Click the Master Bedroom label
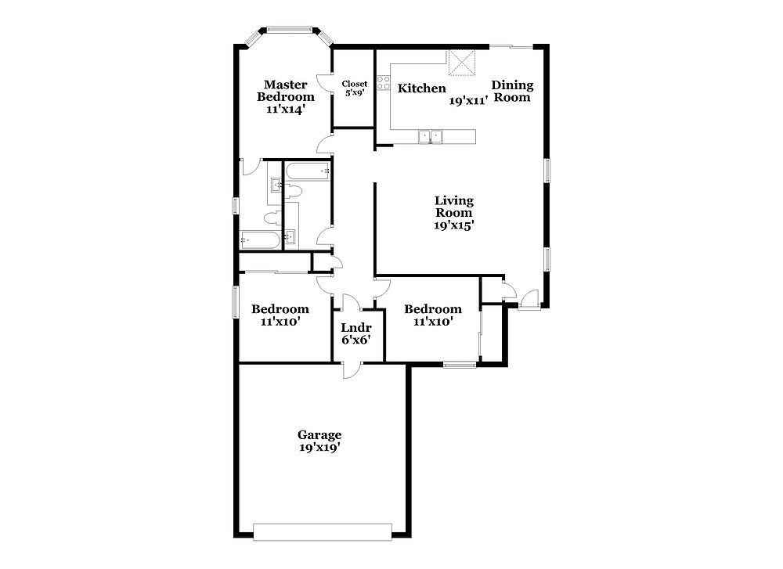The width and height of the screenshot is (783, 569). coord(286,91)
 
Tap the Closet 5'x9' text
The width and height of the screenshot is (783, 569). coord(355,88)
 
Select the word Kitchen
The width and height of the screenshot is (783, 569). coord(421,88)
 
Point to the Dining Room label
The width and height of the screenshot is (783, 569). coord(512,91)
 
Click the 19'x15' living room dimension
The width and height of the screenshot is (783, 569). coord(453,225)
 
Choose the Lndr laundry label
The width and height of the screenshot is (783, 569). coord(356,328)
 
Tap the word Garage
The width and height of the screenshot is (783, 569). coord(319,435)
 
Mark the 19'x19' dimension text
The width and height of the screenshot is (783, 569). coord(319,447)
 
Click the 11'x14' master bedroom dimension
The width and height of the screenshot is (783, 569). coord(286,110)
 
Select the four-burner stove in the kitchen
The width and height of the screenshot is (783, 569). coord(384,83)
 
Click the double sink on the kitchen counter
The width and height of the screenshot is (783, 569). coord(430,135)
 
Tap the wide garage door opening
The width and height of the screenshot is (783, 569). coord(322,532)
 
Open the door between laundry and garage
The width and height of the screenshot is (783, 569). coord(351,369)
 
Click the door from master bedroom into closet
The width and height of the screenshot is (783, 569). coord(325,83)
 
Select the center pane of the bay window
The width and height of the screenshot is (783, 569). coord(290,30)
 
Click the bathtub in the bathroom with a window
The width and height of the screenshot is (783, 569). coord(260,240)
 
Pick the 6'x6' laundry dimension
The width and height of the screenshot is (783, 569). coord(356,340)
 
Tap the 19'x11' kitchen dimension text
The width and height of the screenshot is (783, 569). coord(468,101)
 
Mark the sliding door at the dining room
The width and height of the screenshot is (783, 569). coord(511,47)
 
